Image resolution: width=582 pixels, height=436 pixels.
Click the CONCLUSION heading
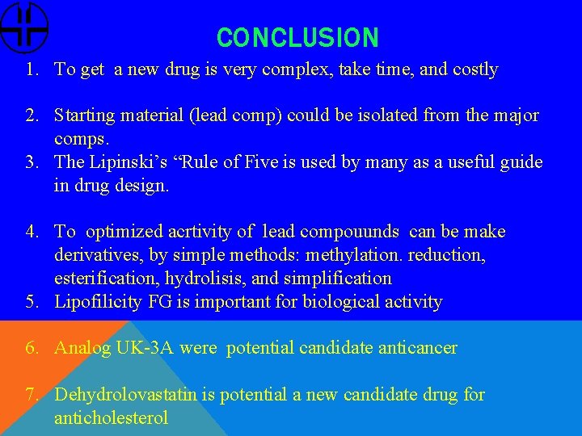[297, 37]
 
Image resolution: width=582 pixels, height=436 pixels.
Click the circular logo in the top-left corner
[24, 27]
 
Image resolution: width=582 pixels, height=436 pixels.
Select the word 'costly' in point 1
[475, 70]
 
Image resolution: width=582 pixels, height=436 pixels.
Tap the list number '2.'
[32, 115]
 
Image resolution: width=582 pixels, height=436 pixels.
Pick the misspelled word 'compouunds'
[349, 233]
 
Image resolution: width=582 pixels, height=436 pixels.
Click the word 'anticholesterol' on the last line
[111, 418]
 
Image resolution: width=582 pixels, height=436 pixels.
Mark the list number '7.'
[32, 395]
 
